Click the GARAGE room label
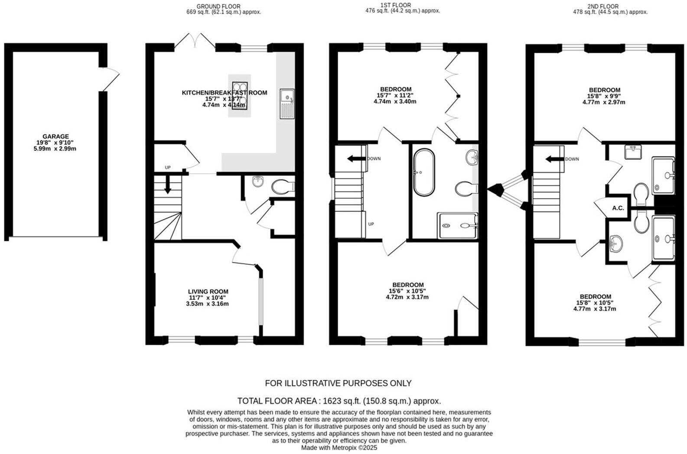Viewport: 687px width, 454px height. (x=55, y=136)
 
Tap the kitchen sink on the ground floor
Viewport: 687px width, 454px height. (x=287, y=104)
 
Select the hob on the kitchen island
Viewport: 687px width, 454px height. (x=240, y=96)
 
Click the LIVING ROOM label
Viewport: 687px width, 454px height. (x=208, y=292)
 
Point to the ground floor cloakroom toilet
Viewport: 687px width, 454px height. (x=281, y=187)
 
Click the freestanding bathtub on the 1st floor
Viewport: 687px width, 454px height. (x=423, y=172)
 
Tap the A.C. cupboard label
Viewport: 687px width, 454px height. (x=618, y=208)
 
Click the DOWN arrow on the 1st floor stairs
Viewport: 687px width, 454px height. (x=355, y=159)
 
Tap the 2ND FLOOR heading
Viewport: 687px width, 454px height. (x=610, y=6)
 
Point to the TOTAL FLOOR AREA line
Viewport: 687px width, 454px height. (x=339, y=401)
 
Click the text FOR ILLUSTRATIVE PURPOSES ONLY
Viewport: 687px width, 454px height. (x=338, y=383)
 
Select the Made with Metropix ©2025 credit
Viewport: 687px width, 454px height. (x=339, y=448)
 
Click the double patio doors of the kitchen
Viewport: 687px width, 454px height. (x=195, y=40)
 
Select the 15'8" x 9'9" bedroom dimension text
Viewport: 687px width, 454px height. (x=603, y=96)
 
